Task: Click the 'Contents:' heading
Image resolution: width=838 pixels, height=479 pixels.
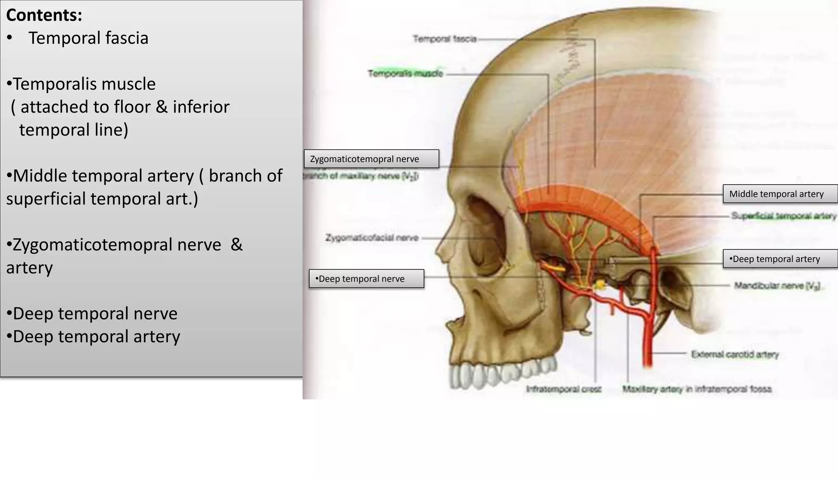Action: click(44, 15)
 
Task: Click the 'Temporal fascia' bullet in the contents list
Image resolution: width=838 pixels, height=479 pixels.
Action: click(88, 38)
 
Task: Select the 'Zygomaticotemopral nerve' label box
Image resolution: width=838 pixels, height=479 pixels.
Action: click(371, 159)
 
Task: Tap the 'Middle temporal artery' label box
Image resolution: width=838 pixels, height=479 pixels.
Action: click(780, 194)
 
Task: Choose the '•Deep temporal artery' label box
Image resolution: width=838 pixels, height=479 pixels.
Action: click(780, 259)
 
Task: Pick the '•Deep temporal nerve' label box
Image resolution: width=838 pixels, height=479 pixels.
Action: click(366, 279)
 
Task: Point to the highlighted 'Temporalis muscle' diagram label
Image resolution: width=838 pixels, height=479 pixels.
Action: click(405, 73)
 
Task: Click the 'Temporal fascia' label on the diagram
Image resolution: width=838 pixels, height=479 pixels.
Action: click(444, 39)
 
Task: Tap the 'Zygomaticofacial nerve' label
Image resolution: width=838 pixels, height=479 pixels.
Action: click(372, 238)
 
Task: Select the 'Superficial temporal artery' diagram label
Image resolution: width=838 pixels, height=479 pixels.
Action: click(783, 216)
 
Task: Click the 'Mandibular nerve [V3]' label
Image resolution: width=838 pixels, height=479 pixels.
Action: click(777, 286)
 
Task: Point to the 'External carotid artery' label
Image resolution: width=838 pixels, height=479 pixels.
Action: click(734, 354)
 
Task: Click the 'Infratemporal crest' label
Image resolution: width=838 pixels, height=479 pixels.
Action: click(563, 389)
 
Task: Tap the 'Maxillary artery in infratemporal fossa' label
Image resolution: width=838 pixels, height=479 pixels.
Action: click(696, 389)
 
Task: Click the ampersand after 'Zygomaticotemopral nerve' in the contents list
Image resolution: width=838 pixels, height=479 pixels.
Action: click(237, 245)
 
